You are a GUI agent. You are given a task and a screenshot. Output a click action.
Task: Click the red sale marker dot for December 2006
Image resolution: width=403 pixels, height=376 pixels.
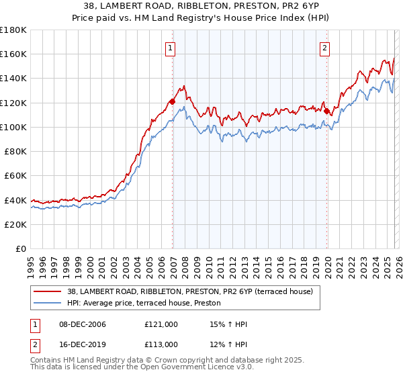click(173, 101)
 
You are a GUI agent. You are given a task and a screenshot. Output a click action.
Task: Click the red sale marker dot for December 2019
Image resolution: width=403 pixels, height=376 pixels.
click(327, 111)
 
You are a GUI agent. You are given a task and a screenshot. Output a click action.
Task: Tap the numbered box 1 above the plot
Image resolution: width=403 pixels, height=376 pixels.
click(171, 48)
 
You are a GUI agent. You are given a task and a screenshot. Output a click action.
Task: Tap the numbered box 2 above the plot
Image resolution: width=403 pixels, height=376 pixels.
click(325, 48)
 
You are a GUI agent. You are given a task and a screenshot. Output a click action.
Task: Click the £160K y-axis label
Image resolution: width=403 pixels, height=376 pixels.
click(14, 54)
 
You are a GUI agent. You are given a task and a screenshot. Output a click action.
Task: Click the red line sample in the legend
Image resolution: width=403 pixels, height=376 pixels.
click(48, 291)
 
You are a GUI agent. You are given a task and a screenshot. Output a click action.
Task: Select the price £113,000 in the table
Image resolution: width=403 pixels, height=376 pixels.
click(161, 344)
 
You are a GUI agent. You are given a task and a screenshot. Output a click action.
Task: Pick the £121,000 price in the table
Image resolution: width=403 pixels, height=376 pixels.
click(161, 324)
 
